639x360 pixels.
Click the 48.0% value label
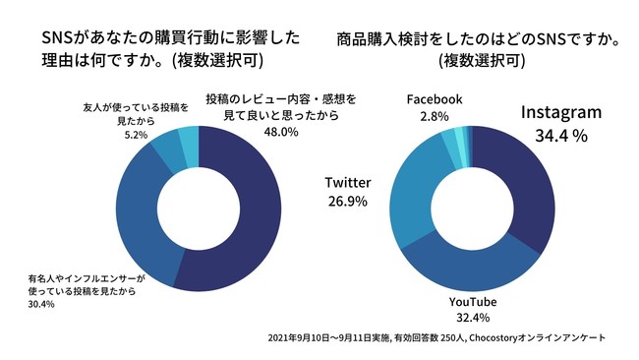pyautogui.click(x=276, y=131)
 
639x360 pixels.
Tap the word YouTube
pyautogui.click(x=472, y=300)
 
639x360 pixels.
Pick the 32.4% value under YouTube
pyautogui.click(x=472, y=319)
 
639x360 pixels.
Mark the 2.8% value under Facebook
pyautogui.click(x=434, y=116)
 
